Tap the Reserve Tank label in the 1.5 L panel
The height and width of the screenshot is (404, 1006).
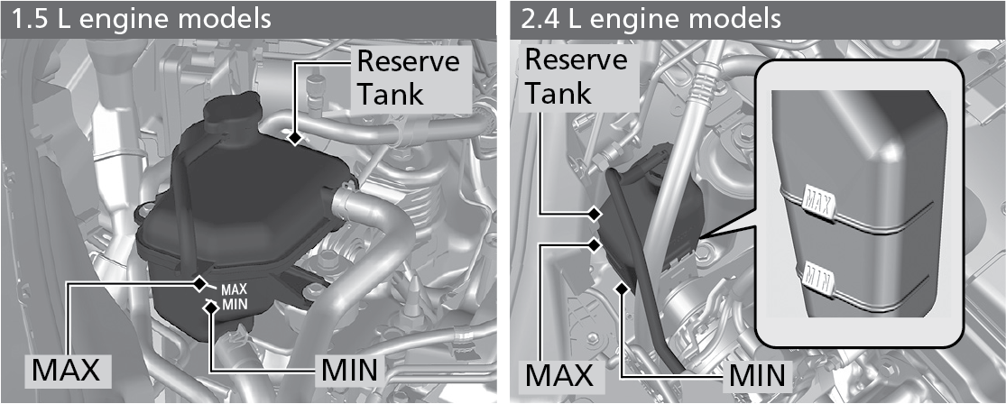(408, 78)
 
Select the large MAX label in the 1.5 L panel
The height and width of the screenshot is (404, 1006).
(65, 370)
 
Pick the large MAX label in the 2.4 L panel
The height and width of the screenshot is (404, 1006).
(559, 372)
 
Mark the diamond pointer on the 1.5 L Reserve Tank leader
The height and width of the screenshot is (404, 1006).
(294, 138)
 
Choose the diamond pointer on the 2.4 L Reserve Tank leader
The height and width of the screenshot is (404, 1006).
(595, 214)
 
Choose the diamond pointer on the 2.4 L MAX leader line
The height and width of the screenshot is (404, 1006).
(595, 243)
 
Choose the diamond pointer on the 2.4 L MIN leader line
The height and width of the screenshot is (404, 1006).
(623, 288)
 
